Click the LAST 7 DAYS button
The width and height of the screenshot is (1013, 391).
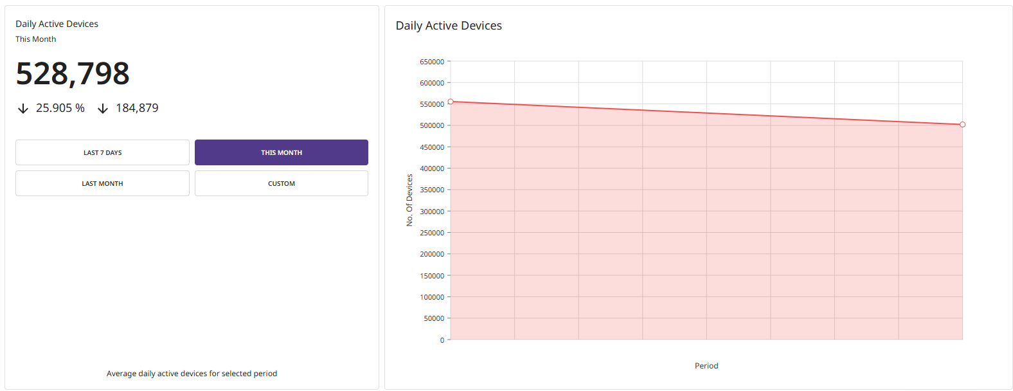tap(102, 152)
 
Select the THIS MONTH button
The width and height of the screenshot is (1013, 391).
tap(281, 152)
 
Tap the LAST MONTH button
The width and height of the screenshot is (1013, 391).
tap(102, 183)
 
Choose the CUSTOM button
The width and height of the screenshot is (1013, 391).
tap(281, 183)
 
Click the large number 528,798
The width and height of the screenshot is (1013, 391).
tap(73, 73)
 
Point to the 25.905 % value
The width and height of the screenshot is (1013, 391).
tap(60, 108)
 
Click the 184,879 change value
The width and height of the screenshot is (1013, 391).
tap(137, 108)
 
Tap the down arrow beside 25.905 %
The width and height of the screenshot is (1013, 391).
tap(23, 109)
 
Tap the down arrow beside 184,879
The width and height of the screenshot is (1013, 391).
tap(103, 109)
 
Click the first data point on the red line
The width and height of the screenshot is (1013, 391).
tap(451, 102)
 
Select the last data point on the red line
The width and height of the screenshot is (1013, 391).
tap(962, 125)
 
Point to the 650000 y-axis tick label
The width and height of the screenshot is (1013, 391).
tap(432, 62)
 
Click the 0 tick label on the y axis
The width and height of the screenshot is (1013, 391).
tap(442, 340)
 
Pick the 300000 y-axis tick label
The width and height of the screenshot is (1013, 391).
tap(432, 212)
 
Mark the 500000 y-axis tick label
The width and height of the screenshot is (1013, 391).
tap(432, 125)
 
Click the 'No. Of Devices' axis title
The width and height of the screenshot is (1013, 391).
tap(409, 200)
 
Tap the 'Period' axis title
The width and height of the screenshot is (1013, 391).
tap(706, 366)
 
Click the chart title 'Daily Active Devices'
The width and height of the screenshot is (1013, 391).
tap(449, 26)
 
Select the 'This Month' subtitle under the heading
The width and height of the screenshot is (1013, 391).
tap(36, 39)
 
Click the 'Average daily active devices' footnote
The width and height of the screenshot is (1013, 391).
tap(192, 374)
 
